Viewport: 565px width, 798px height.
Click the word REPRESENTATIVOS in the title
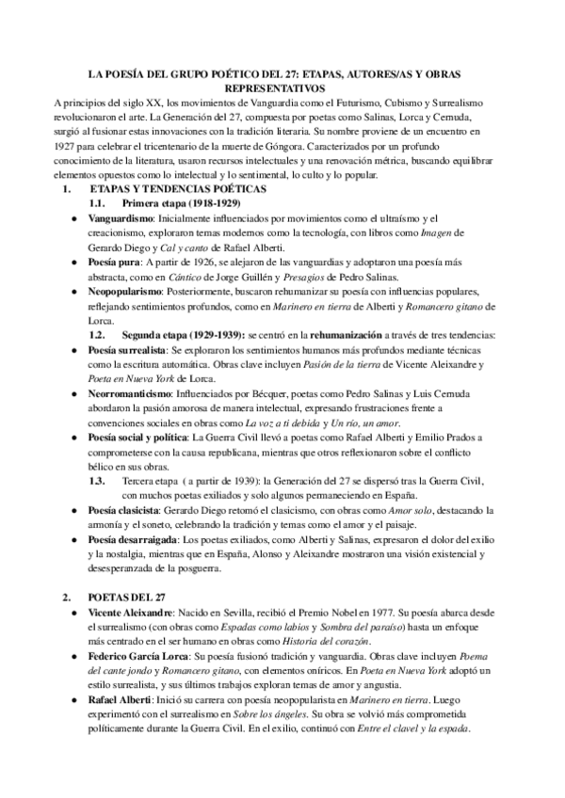point(282,87)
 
